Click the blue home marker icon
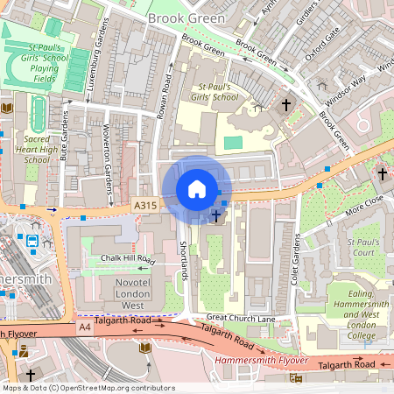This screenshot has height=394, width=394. (x=197, y=189)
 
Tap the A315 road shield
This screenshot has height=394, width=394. (x=146, y=205)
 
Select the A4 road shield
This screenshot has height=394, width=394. (x=84, y=327)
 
